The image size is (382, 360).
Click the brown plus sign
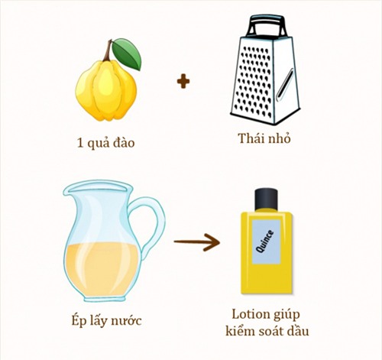pyautogui.click(x=183, y=80)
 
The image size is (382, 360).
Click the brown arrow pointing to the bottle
pyautogui.click(x=196, y=243)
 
